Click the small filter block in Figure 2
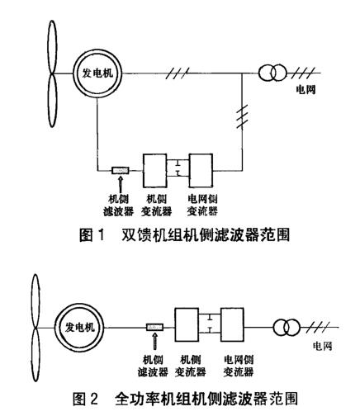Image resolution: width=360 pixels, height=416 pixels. (x=154, y=328)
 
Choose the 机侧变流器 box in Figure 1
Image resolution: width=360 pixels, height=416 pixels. (x=159, y=171)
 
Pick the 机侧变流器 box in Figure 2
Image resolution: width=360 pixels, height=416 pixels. (x=192, y=327)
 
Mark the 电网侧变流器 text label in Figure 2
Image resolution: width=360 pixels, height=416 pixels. (x=239, y=364)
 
